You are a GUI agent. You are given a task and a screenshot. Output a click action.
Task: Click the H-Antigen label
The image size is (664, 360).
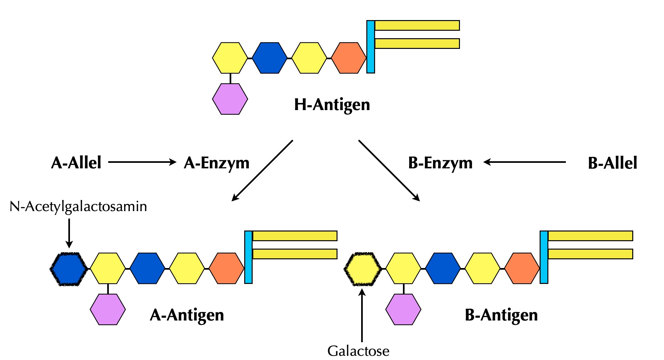[x=332, y=105]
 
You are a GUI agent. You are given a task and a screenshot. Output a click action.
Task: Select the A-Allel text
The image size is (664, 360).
[x=76, y=163]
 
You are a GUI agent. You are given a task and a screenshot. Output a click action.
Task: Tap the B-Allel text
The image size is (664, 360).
[x=612, y=163]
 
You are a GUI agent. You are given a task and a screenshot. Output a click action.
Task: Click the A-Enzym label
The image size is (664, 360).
[x=216, y=163]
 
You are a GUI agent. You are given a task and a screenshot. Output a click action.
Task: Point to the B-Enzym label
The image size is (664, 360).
[x=440, y=163]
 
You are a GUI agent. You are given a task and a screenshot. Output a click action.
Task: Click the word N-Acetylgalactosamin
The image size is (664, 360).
[x=78, y=207]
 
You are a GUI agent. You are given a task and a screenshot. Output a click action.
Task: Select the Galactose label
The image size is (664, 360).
[x=358, y=351]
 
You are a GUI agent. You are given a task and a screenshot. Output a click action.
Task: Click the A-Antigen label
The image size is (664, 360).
[x=187, y=315]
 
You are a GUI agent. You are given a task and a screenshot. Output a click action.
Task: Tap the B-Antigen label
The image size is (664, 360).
[x=501, y=315]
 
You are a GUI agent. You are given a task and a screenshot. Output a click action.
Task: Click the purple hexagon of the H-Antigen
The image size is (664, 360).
[x=230, y=99]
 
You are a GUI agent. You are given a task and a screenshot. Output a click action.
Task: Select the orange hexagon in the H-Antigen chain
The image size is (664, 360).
[x=349, y=58]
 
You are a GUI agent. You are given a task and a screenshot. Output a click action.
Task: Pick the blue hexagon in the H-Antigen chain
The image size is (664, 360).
[x=269, y=58]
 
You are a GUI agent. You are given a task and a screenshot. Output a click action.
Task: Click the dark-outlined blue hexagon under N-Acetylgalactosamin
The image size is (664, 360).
[x=69, y=269]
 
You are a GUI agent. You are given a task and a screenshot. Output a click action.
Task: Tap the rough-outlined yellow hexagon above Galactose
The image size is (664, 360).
[x=362, y=269]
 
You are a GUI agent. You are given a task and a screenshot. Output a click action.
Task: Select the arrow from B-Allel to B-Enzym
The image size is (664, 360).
[x=525, y=162]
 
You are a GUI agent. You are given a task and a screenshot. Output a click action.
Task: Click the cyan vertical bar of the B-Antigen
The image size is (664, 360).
[x=544, y=257]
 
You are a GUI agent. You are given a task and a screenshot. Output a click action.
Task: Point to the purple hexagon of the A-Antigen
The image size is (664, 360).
[x=108, y=309]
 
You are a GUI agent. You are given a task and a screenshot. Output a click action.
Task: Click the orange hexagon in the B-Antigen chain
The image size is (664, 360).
[x=522, y=269]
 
